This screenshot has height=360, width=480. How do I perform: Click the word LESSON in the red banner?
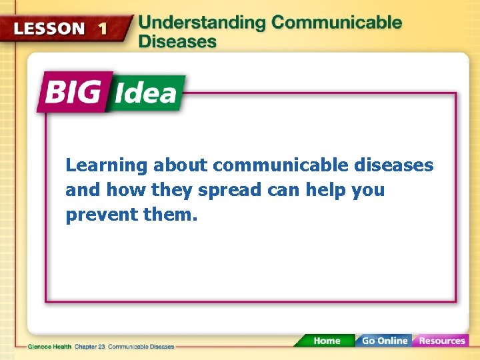pos(50,29)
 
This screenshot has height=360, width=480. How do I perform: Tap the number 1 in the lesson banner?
pos(101,29)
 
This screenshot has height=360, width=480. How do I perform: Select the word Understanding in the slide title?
pos(201,22)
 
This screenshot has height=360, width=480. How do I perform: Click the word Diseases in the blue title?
pos(177,41)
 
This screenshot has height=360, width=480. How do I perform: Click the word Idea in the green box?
pos(145,93)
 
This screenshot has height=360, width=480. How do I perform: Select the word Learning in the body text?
pos(106,165)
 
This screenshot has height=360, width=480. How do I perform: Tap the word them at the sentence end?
pos(168,215)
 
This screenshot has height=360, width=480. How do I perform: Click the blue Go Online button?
pos(383,341)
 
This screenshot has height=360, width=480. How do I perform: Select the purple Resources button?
pos(441,341)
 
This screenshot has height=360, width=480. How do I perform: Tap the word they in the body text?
pos(172,190)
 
